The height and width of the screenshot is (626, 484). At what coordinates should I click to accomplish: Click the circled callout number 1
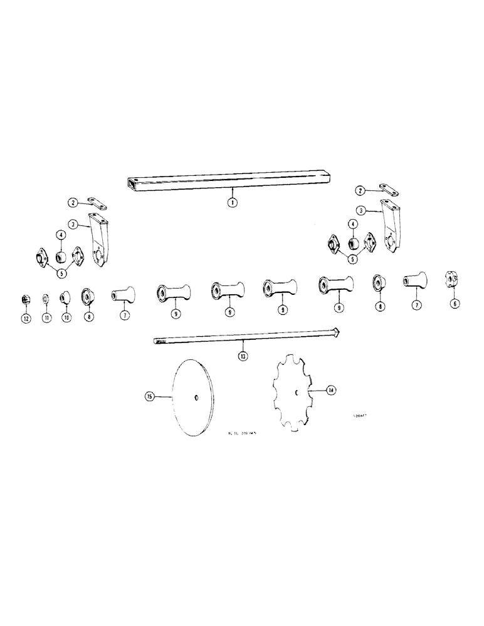pyautogui.click(x=232, y=203)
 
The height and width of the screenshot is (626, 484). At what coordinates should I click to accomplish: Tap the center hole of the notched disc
pyautogui.click(x=297, y=393)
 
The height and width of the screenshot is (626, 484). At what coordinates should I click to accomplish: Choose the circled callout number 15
pyautogui.click(x=149, y=396)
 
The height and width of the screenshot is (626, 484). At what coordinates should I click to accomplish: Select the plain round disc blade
pyautogui.click(x=194, y=398)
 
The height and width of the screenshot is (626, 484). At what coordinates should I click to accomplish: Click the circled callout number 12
pyautogui.click(x=26, y=318)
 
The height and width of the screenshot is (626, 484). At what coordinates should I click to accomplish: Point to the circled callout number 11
pyautogui.click(x=46, y=318)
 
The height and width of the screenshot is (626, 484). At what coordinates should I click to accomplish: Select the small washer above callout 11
pyautogui.click(x=46, y=298)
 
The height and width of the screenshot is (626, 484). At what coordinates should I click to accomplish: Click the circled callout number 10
pyautogui.click(x=65, y=318)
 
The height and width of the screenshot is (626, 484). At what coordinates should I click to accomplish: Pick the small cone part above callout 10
pyautogui.click(x=65, y=297)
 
